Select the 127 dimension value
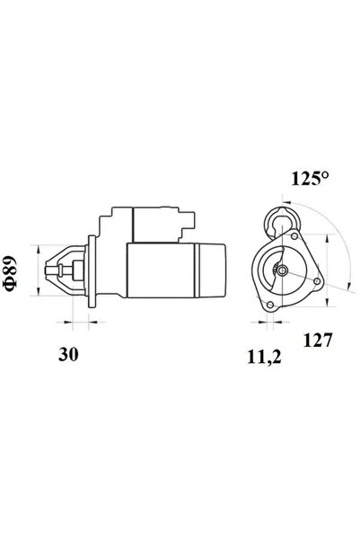(319, 341)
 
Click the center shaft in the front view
(282, 270)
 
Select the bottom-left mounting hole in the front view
(268, 308)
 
